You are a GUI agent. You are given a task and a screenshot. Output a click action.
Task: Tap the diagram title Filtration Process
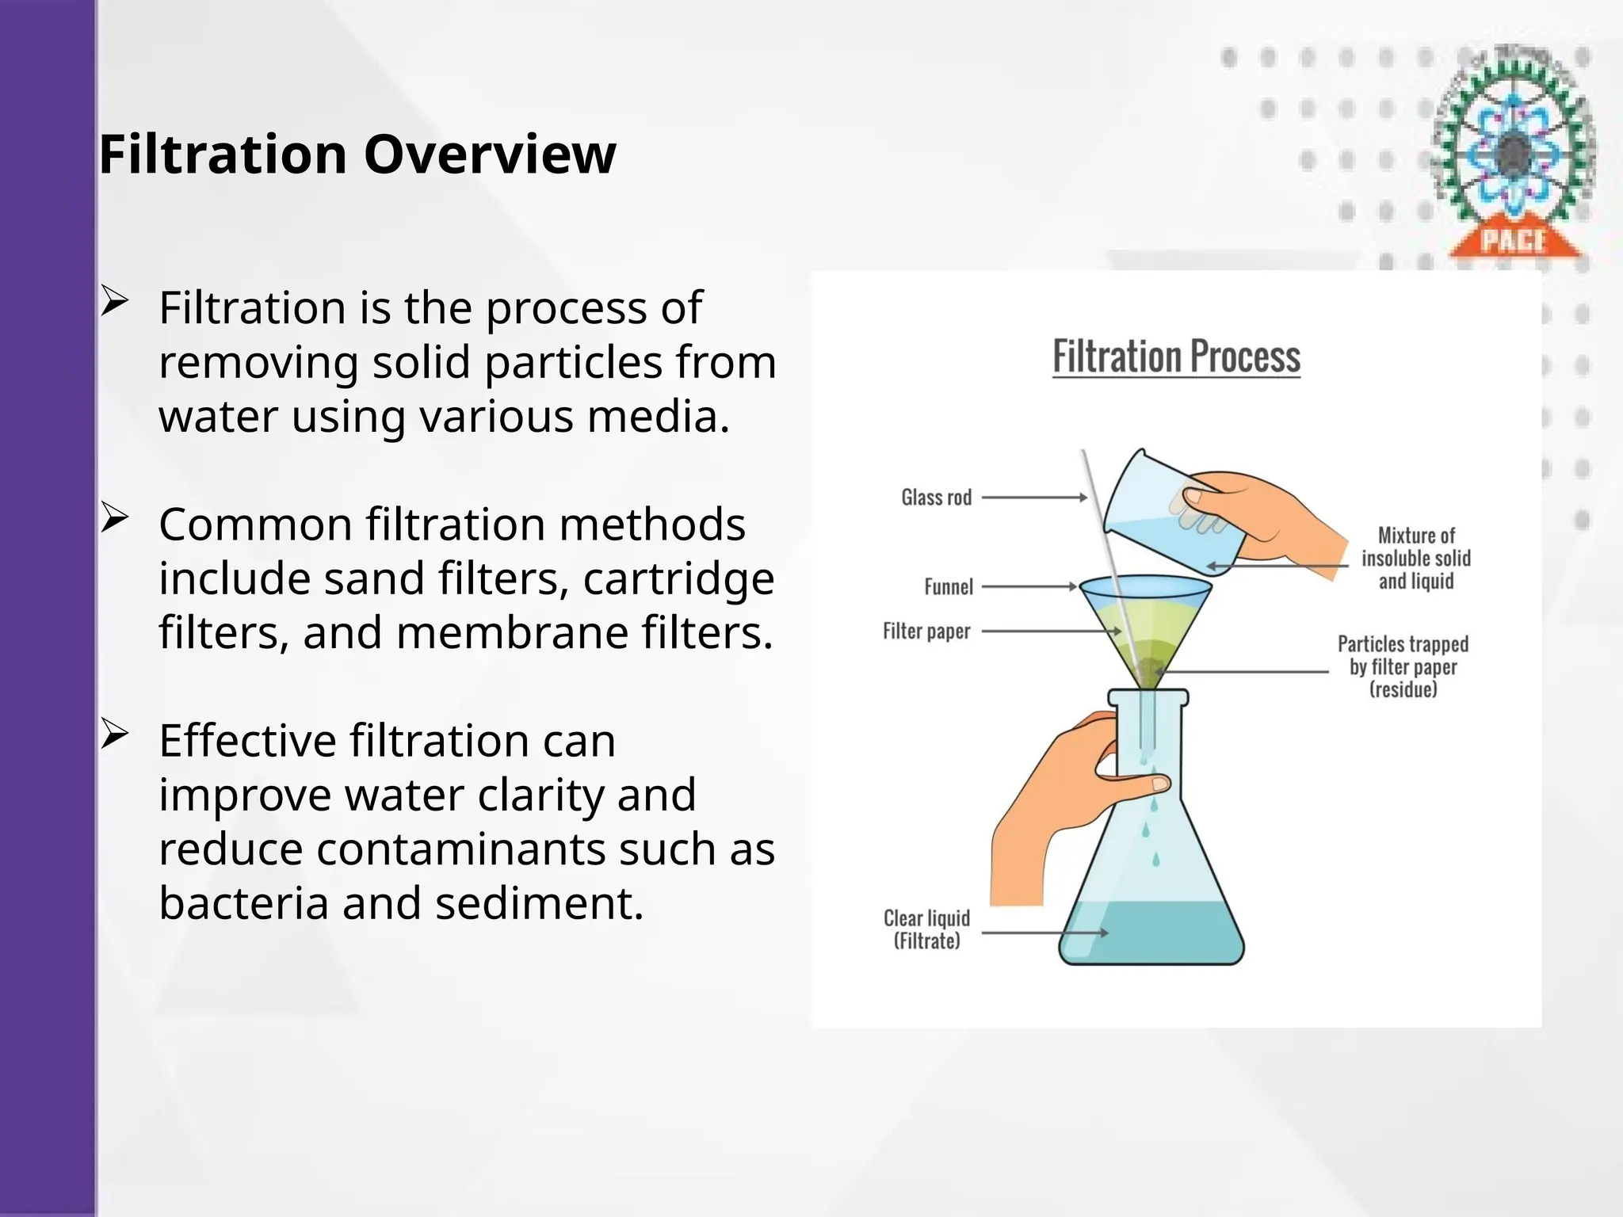point(1176,357)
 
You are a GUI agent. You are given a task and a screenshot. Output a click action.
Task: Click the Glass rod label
point(936,498)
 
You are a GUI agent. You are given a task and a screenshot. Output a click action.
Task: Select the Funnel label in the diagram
point(948,587)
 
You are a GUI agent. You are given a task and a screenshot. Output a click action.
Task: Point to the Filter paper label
point(926,631)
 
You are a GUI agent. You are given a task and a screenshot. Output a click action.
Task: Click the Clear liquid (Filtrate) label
point(926,929)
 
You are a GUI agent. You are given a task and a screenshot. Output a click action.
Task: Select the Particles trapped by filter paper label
point(1403,666)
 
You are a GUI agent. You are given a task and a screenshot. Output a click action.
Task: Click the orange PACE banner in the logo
point(1514,239)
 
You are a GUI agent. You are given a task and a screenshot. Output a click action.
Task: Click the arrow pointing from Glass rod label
point(1034,498)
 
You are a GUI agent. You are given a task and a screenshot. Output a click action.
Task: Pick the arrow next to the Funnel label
point(1029,587)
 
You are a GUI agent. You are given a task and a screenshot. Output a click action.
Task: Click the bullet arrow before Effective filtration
point(114,735)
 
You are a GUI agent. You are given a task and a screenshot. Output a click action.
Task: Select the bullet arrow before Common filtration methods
point(114,519)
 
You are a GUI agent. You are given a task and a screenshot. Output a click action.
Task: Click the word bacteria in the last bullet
point(243,902)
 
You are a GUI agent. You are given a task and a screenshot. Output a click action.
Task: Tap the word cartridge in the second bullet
point(678,579)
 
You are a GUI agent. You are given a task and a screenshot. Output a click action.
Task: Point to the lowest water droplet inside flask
point(1155,859)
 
